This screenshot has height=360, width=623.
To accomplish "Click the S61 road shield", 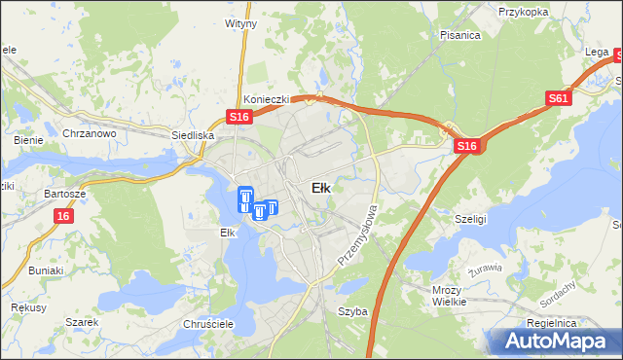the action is (x=558, y=98).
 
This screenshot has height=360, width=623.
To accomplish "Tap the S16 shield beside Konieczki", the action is (x=239, y=117).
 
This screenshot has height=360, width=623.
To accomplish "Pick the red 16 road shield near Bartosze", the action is (x=63, y=215).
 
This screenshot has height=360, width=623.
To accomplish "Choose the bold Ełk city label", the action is (x=320, y=188).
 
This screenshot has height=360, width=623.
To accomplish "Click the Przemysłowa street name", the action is (x=357, y=234).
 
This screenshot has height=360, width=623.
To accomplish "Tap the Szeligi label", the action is (x=471, y=220).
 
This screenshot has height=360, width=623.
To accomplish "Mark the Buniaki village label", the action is (x=46, y=270).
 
